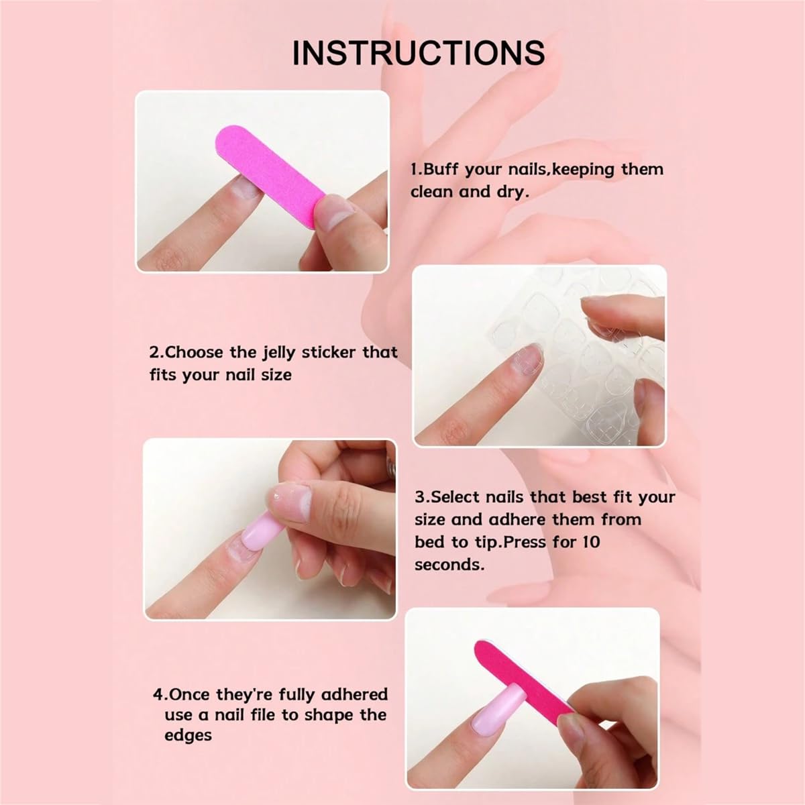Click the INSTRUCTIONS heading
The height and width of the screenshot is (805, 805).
click(x=418, y=52)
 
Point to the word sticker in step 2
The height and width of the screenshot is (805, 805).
click(x=329, y=352)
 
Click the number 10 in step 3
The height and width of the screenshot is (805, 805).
click(x=590, y=541)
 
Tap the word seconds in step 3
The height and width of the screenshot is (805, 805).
click(x=449, y=564)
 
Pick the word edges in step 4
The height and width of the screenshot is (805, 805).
click(x=188, y=736)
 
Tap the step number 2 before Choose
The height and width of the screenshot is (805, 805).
click(x=154, y=353)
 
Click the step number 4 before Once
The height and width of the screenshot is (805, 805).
click(x=158, y=695)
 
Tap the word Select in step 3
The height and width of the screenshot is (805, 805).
click(x=455, y=497)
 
